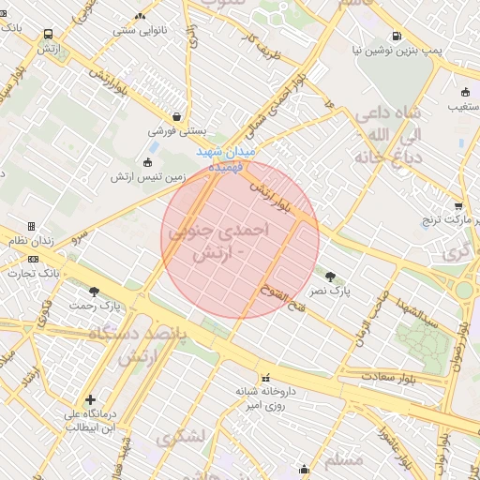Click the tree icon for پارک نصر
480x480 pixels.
point(330,276)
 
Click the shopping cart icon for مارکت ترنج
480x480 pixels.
point(457,206)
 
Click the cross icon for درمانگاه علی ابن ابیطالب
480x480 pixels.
point(90,399)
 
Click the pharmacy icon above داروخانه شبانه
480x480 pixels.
point(263,376)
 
